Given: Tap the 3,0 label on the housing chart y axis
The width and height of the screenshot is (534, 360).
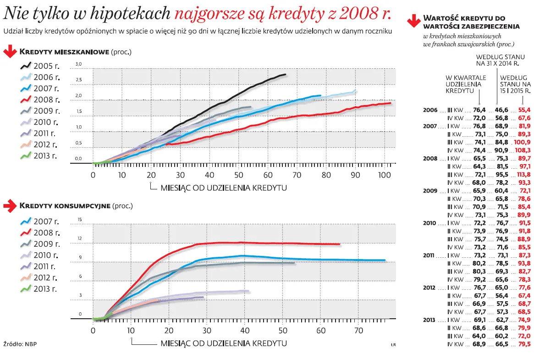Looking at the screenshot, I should [78, 64].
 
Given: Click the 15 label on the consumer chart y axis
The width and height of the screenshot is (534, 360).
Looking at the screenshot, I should [79, 220].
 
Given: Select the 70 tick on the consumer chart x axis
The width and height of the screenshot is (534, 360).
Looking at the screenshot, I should [359, 330].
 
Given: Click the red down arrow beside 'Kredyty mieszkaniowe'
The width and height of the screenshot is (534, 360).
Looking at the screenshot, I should [10, 52].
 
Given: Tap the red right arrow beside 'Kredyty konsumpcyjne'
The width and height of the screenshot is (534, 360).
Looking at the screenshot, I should [10, 206].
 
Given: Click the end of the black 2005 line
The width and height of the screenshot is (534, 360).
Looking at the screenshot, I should [285, 74].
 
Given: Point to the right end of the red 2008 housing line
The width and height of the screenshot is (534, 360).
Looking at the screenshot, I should [391, 103].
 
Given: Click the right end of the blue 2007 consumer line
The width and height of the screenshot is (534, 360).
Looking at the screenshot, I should [385, 260].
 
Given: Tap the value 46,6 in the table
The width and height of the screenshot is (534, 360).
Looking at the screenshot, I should [501, 110].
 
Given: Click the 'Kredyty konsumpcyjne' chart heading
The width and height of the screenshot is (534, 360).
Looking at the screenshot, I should [65, 206].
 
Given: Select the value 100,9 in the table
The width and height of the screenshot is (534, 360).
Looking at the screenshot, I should [523, 142].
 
